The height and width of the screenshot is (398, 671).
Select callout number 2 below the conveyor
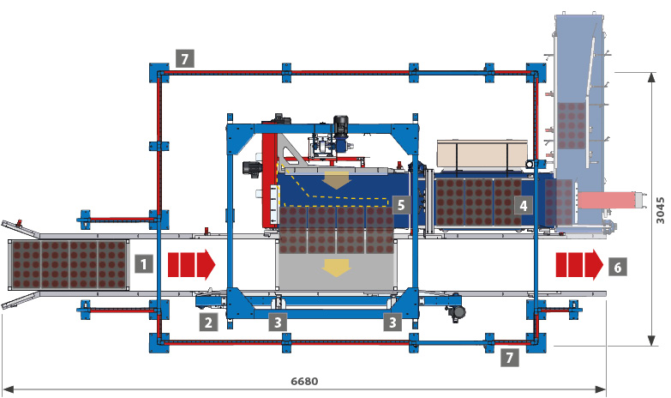208,322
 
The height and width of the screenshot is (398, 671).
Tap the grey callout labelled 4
522,205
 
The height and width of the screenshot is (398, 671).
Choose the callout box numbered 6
617,267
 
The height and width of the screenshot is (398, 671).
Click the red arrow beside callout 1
190,264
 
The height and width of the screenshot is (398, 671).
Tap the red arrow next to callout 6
578,266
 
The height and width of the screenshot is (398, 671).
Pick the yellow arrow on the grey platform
335,269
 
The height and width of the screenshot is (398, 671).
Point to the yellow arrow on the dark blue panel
336,181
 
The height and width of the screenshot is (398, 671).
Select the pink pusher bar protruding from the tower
608,200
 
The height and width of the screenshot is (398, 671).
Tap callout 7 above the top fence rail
184,58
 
